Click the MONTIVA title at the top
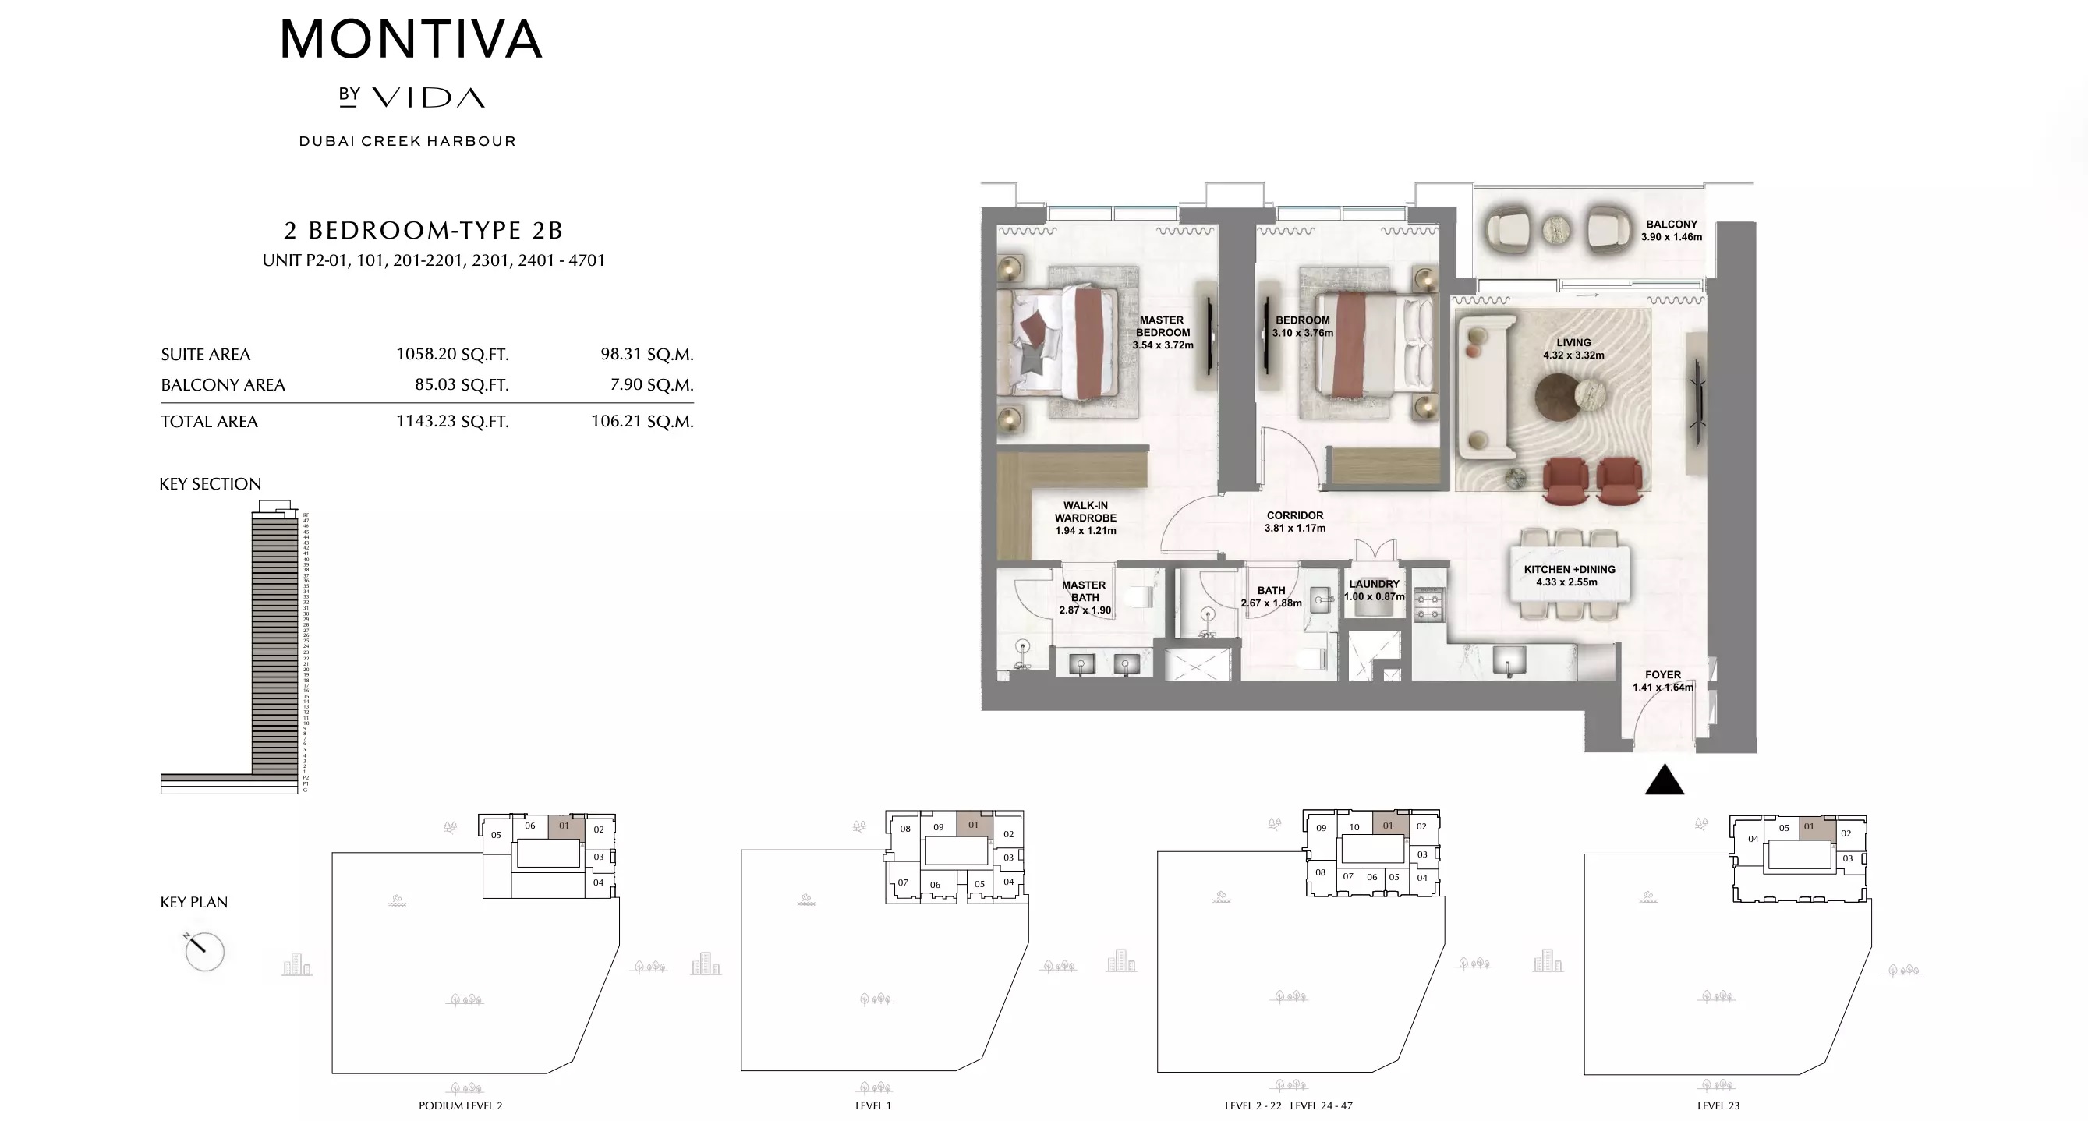tap(411, 40)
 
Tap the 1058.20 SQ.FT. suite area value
tap(451, 354)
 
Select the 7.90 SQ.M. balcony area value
tap(651, 384)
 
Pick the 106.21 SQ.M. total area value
tap(642, 422)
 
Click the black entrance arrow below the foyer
tap(1664, 780)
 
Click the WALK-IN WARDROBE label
tap(1085, 518)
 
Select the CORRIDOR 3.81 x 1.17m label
tap(1294, 522)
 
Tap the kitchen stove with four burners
tap(1429, 606)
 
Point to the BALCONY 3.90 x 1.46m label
tap(1672, 230)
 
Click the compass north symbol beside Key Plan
tap(203, 951)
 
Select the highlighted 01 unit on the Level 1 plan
tap(974, 824)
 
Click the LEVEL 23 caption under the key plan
tap(1718, 1105)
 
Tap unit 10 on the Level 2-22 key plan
tap(1354, 827)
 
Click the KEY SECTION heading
tap(210, 484)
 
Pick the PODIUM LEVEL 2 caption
tap(460, 1105)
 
